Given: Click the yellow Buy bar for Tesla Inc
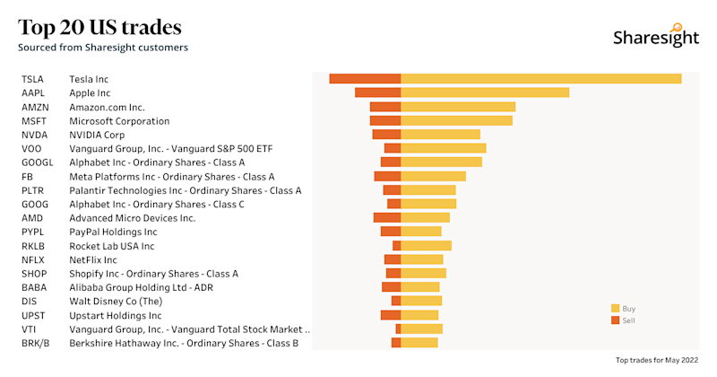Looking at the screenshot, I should (x=540, y=79).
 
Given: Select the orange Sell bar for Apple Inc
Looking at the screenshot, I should (x=377, y=92).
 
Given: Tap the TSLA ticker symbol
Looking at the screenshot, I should (x=32, y=79).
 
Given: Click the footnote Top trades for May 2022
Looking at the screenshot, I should (x=656, y=360).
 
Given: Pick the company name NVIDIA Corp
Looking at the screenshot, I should (x=97, y=135).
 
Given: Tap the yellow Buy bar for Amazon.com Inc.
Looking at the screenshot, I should (x=458, y=107).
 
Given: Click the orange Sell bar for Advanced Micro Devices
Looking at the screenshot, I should (x=387, y=217).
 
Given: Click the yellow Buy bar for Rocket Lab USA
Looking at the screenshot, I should (x=426, y=245).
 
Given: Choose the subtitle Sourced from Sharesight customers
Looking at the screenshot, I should (x=103, y=47).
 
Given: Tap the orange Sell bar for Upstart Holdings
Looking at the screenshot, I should (x=391, y=315).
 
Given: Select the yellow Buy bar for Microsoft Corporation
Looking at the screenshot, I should (x=456, y=120).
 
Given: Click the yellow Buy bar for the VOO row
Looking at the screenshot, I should (x=443, y=148).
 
